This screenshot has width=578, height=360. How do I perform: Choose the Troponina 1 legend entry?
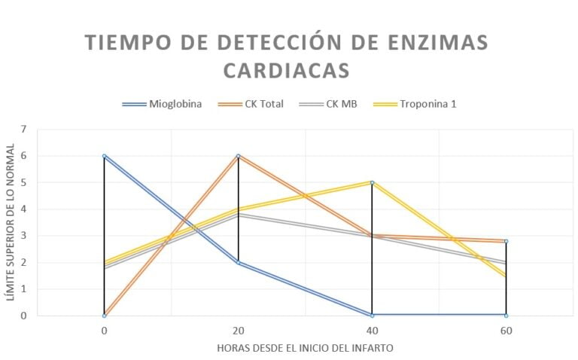pyautogui.click(x=427, y=104)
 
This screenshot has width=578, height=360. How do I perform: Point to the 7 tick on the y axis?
pyautogui.click(x=23, y=130)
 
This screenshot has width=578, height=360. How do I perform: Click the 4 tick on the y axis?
pyautogui.click(x=23, y=209)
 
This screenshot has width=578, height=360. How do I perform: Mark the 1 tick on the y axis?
pyautogui.click(x=23, y=289)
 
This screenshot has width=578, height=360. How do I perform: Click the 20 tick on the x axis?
pyautogui.click(x=239, y=329)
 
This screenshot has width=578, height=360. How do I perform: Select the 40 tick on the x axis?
pyautogui.click(x=372, y=329)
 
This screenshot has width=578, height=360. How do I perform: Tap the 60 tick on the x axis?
pyautogui.click(x=506, y=329)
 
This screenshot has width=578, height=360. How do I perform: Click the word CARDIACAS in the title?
pyautogui.click(x=287, y=70)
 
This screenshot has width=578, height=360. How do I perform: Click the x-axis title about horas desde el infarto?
pyautogui.click(x=305, y=348)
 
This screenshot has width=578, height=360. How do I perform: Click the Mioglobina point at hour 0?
pyautogui.click(x=104, y=156)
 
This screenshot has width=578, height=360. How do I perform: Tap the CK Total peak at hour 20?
pyautogui.click(x=239, y=156)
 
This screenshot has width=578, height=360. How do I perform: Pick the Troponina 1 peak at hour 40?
pyautogui.click(x=372, y=182)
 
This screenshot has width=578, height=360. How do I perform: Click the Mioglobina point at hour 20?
pyautogui.click(x=239, y=262)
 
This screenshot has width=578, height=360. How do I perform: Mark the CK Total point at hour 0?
pyautogui.click(x=104, y=315)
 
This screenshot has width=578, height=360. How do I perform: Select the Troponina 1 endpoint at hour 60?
pyautogui.click(x=506, y=276)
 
